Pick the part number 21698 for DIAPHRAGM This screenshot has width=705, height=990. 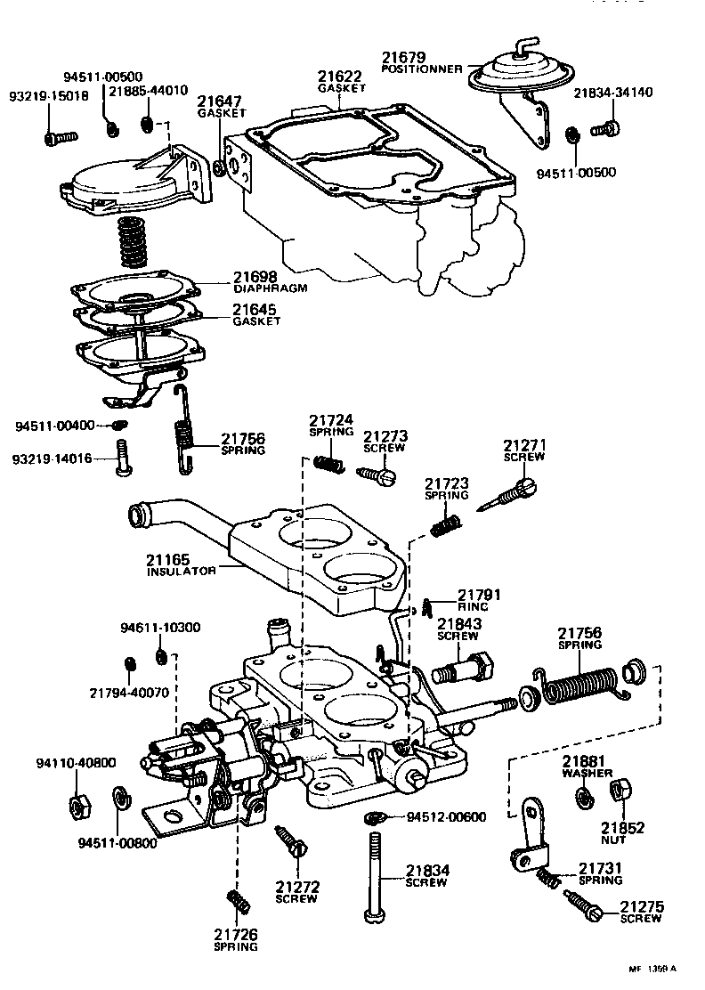(256, 278)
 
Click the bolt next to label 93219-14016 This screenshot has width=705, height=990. (122, 458)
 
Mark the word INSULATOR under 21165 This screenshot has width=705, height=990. (181, 572)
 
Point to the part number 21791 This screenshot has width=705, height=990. (482, 595)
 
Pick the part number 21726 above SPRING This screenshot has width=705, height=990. (236, 934)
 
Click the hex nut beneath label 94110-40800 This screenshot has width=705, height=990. (77, 805)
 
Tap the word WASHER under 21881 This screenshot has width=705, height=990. (587, 774)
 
